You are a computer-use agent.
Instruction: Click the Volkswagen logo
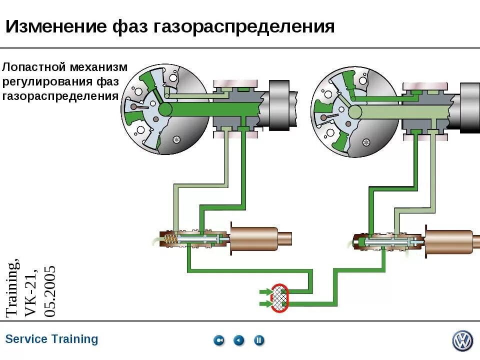tap(462, 340)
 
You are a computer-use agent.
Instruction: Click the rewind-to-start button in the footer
tap(219, 340)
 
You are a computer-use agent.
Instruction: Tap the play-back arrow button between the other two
tap(239, 340)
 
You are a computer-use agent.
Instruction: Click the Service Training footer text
tap(51, 339)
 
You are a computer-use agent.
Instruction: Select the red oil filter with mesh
tap(279, 298)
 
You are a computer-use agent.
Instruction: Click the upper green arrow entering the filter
tap(264, 291)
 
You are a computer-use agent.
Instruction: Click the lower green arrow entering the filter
tap(264, 303)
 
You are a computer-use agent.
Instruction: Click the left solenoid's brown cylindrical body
tap(253, 239)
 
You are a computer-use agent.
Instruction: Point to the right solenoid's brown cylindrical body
tap(448, 242)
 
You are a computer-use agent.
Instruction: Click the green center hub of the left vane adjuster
tap(164, 109)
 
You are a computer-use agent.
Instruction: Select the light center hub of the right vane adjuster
tap(355, 111)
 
